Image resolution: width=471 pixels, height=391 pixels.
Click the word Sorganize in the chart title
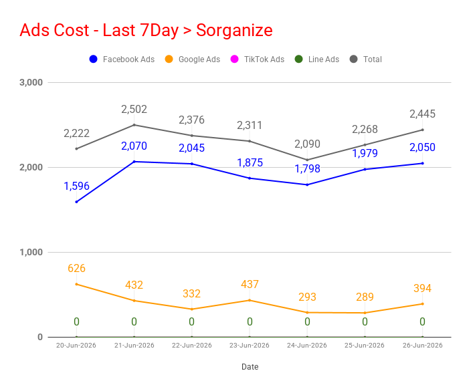pyautogui.click(x=234, y=30)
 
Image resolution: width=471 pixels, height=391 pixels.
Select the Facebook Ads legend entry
pyautogui.click(x=122, y=59)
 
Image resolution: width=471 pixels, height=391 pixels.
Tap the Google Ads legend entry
pyautogui.click(x=193, y=59)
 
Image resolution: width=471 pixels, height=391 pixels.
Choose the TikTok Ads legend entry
pyautogui.click(x=258, y=59)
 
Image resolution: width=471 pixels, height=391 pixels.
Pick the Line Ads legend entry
pyautogui.click(x=317, y=59)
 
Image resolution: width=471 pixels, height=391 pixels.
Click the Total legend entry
pyautogui.click(x=366, y=59)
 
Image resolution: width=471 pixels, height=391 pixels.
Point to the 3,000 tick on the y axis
pyautogui.click(x=31, y=82)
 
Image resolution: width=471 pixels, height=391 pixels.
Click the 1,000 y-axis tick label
pyautogui.click(x=31, y=252)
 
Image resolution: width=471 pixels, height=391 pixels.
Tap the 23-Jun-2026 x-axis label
pyautogui.click(x=250, y=346)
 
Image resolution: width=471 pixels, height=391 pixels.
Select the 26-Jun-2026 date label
pyautogui.click(x=422, y=346)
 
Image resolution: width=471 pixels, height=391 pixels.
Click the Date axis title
pyautogui.click(x=250, y=367)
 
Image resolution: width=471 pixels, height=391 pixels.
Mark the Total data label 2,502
pyautogui.click(x=134, y=109)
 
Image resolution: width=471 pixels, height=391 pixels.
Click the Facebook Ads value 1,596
pyautogui.click(x=76, y=186)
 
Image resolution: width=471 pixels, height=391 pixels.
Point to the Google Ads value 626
pyautogui.click(x=76, y=268)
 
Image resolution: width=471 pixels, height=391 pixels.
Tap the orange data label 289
pyautogui.click(x=365, y=297)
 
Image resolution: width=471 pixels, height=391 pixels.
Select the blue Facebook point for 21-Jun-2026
pyautogui.click(x=134, y=162)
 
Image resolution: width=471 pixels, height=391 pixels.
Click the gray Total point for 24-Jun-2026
pyautogui.click(x=307, y=160)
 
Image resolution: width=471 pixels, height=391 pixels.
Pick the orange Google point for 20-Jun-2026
pyautogui.click(x=76, y=284)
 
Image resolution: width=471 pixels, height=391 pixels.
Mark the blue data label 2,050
pyautogui.click(x=422, y=147)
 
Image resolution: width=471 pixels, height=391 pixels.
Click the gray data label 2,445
pyautogui.click(x=422, y=114)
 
